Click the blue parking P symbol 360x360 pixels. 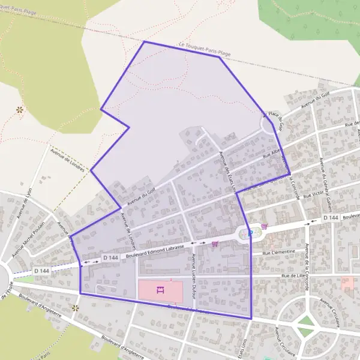(x=250, y=233)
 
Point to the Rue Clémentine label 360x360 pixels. (x=279, y=253)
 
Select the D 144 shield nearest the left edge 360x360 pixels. (x=41, y=271)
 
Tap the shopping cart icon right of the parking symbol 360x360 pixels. (x=264, y=227)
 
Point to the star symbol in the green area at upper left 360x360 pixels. (x=20, y=110)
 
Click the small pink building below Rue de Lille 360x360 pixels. (x=347, y=283)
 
